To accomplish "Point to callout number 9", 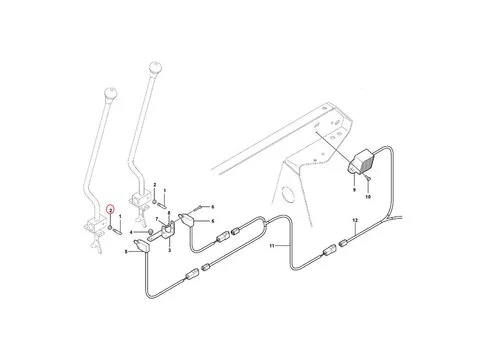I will tap(353, 187).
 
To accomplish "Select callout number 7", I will tap(158, 217).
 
